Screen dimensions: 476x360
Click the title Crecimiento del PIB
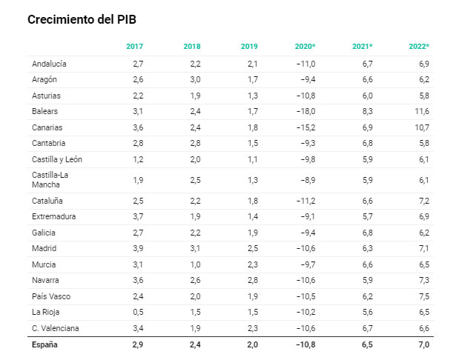point(82,20)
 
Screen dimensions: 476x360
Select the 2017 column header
point(134,47)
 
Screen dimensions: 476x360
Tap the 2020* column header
point(305,47)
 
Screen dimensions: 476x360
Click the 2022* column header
point(419,47)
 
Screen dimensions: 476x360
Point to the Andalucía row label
point(49,64)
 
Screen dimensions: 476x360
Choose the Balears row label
point(44,111)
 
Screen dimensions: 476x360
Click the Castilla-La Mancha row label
point(50,180)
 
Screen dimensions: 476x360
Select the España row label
point(44,344)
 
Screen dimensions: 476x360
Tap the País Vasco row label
point(51,296)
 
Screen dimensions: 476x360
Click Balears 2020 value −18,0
point(305,111)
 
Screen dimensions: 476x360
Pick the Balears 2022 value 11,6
point(422,111)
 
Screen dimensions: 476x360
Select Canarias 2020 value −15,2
point(305,127)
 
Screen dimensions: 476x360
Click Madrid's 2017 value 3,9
point(138,248)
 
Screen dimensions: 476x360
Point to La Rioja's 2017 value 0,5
point(138,312)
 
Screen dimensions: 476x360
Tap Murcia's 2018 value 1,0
point(195,264)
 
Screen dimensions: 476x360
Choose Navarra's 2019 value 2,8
point(253,280)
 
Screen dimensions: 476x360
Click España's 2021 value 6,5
point(367,344)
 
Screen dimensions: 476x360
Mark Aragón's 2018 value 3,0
point(195,79)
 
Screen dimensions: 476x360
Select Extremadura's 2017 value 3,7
point(138,216)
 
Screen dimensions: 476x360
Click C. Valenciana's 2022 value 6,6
point(424,328)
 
